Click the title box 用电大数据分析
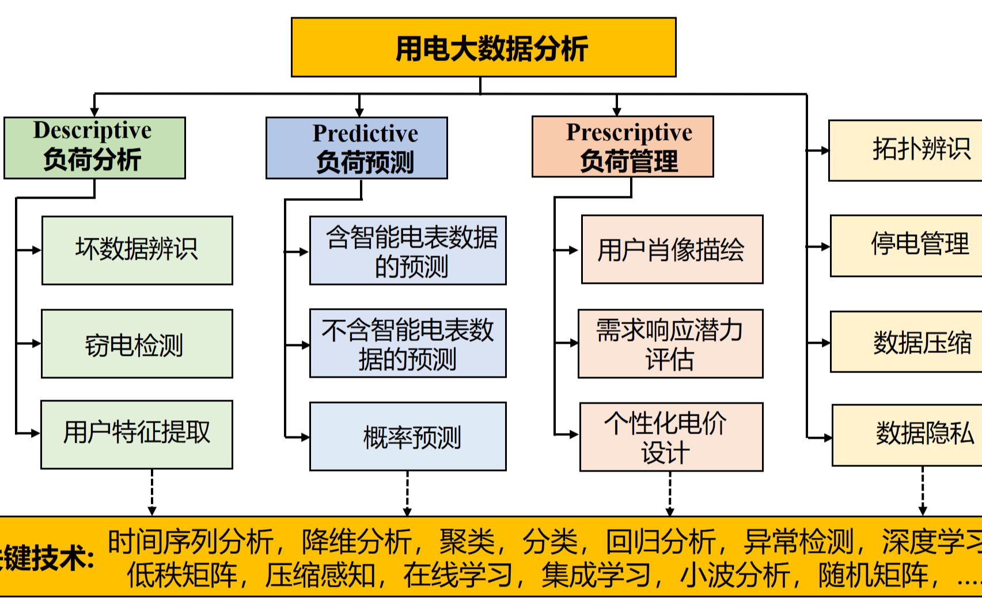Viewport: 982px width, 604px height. click(483, 47)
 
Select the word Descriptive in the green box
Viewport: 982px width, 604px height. click(93, 131)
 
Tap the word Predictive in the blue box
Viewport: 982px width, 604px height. click(365, 134)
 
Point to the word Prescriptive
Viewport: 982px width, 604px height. click(629, 132)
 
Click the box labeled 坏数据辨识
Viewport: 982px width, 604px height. click(137, 250)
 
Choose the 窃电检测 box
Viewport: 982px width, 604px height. click(137, 344)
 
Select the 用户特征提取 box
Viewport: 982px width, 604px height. click(137, 435)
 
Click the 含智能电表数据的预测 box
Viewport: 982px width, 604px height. click(408, 250)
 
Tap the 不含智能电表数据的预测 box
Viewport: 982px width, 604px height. click(408, 343)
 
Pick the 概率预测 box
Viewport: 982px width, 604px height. click(408, 436)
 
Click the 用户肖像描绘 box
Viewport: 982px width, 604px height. click(672, 249)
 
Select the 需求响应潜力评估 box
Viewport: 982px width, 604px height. click(670, 344)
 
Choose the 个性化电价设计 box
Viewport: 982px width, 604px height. click(672, 437)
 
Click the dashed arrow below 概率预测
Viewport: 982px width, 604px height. click(407, 493)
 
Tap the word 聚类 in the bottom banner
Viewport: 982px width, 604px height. click(467, 542)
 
